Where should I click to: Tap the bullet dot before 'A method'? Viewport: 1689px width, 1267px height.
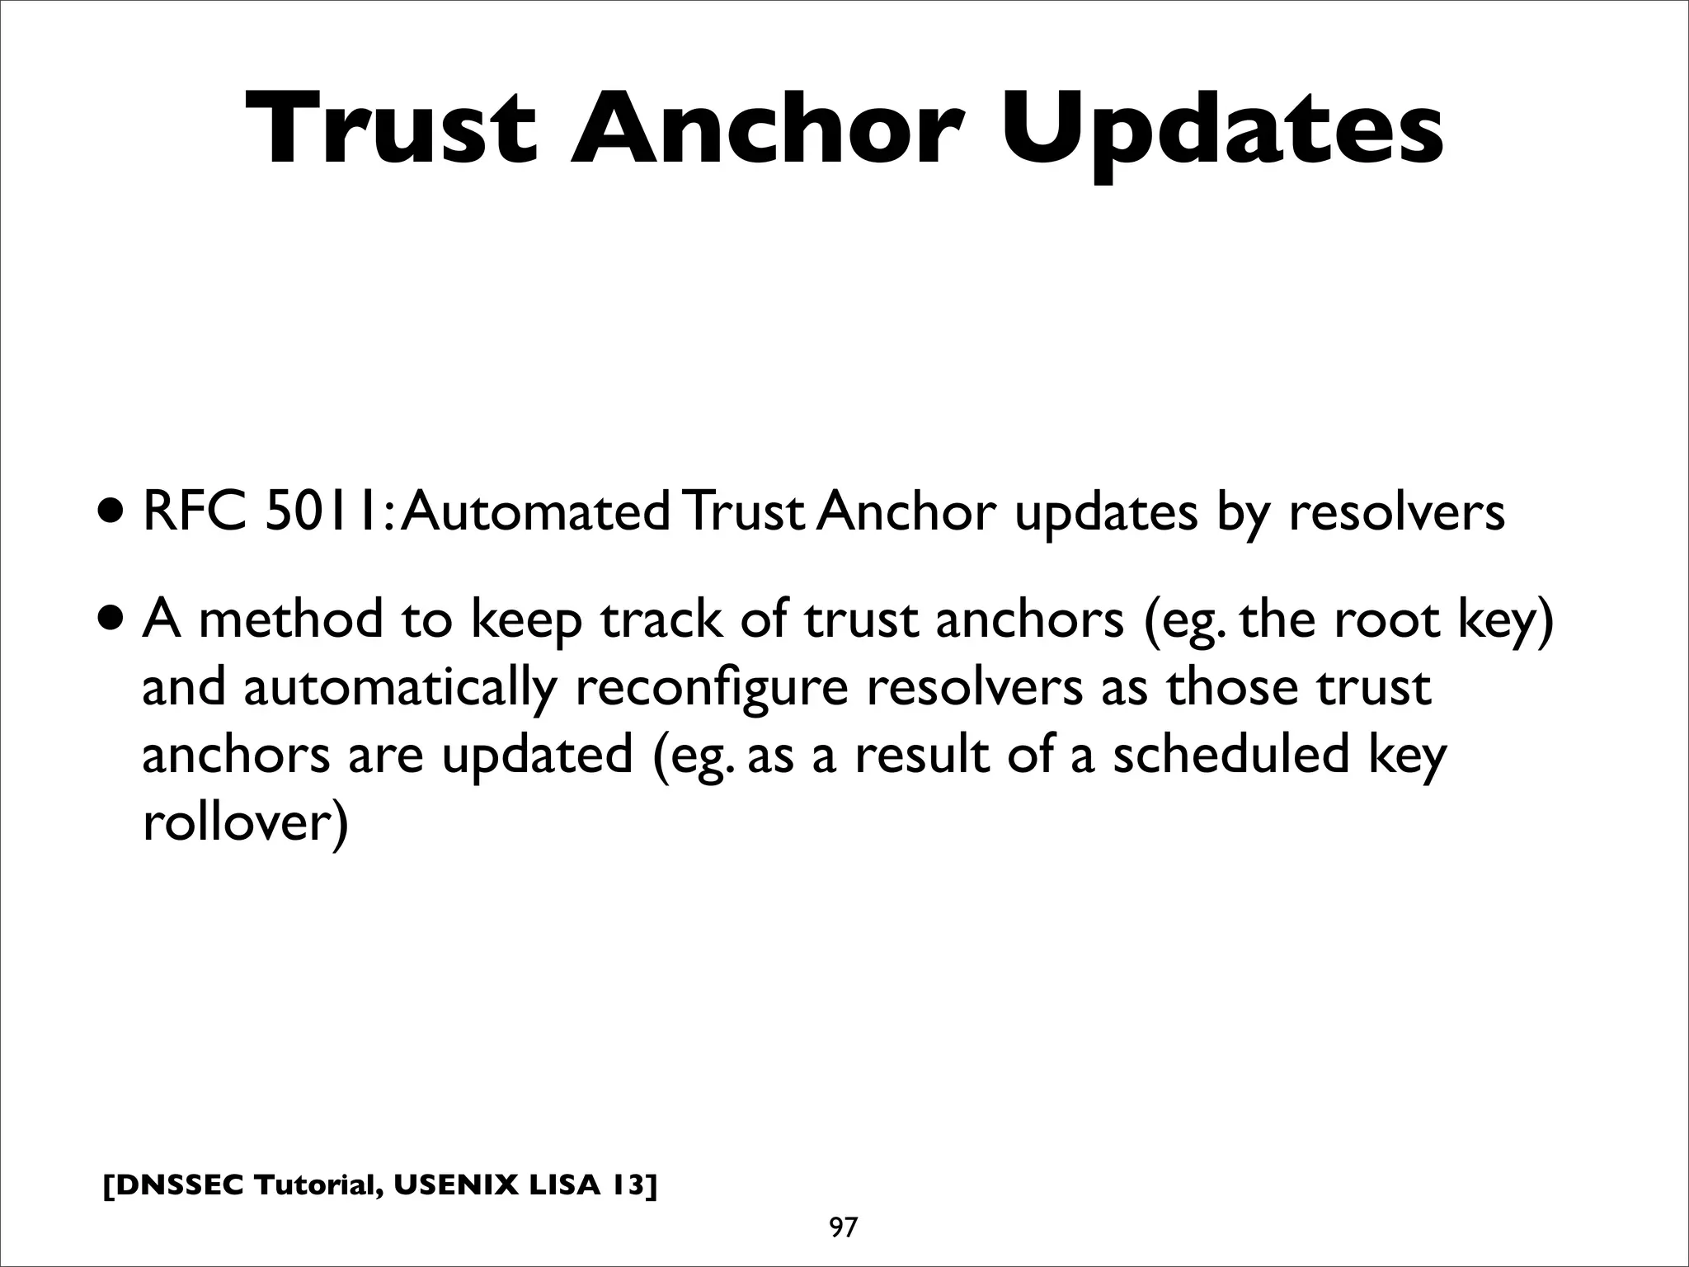click(x=112, y=620)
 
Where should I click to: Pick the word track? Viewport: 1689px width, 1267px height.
click(x=661, y=619)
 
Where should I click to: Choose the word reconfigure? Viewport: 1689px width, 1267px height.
click(x=711, y=690)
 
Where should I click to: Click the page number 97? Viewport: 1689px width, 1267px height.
click(x=843, y=1227)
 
